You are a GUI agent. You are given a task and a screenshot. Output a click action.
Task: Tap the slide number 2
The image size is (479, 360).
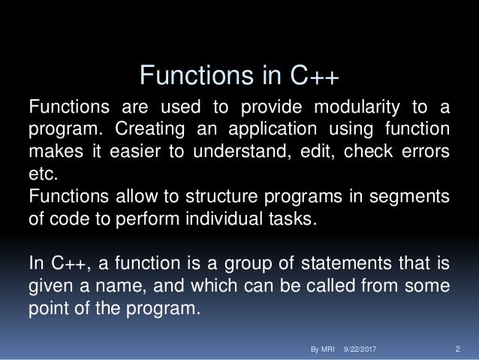click(x=458, y=350)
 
